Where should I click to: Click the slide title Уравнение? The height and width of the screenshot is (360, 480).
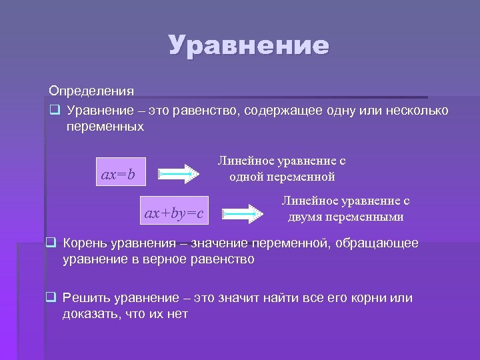(x=249, y=46)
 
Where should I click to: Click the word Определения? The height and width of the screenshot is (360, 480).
(x=91, y=91)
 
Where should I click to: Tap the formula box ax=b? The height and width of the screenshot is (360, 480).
(x=118, y=175)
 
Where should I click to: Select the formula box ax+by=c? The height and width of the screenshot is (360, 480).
(x=174, y=213)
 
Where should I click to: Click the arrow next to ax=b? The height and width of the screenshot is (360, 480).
(x=179, y=175)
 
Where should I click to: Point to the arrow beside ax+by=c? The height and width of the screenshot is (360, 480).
(x=243, y=214)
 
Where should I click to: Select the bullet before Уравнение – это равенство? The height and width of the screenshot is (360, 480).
(x=55, y=109)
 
